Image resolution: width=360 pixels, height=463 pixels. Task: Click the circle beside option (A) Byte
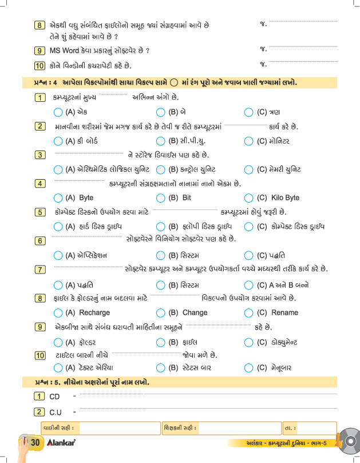(58, 198)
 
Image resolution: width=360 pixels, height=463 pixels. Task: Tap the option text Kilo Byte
(285, 198)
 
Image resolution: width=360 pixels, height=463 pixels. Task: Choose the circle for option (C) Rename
(248, 312)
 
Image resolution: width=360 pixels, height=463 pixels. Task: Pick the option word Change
(195, 312)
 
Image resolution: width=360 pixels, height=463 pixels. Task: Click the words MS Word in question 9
(65, 50)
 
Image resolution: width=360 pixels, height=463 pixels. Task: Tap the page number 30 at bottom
(34, 443)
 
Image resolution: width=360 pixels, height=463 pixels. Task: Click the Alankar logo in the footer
(61, 443)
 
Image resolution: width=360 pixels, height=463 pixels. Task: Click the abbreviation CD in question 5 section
(55, 396)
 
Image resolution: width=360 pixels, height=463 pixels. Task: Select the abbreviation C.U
(56, 411)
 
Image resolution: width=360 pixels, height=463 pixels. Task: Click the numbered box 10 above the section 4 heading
(39, 65)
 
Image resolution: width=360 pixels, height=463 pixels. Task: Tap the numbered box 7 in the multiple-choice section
(40, 269)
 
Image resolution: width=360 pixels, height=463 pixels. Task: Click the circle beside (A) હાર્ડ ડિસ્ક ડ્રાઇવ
(58, 227)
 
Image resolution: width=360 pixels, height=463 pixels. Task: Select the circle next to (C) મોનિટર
(248, 141)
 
